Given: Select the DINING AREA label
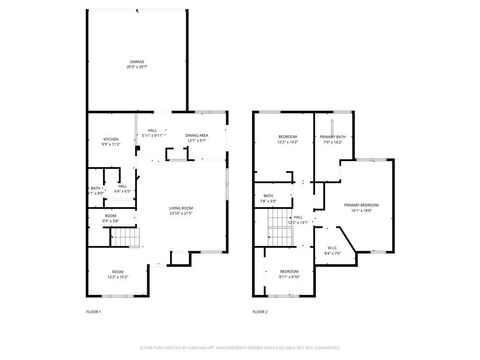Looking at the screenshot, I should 196,138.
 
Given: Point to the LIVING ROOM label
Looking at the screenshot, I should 180,210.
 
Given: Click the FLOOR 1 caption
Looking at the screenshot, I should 94,312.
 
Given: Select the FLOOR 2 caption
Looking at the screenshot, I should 260,312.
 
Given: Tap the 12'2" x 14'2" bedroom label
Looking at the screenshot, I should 288,139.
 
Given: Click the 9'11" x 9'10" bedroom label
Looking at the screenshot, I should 289,273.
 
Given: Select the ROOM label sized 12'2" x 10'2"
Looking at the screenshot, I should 117,274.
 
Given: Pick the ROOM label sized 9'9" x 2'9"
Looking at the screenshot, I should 111,218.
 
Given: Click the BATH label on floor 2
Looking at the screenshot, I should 268,198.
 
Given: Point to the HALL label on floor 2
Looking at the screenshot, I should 298,219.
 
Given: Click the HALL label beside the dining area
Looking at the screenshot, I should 152,132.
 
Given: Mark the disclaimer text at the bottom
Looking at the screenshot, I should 240,347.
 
